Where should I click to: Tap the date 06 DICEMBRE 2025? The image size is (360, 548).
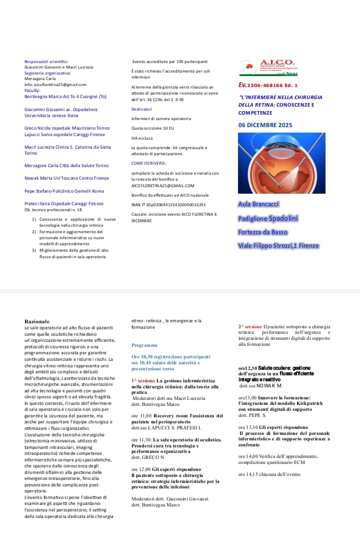click(265, 125)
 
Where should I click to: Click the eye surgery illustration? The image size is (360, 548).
click(281, 163)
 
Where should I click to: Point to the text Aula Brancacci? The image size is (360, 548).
click(258, 204)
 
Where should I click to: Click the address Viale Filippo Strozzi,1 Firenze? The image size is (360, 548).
click(278, 245)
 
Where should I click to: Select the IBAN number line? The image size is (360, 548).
click(168, 204)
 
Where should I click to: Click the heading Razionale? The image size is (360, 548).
click(37, 321)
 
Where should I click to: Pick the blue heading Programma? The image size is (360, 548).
click(144, 345)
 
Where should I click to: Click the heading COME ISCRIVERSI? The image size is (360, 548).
click(148, 163)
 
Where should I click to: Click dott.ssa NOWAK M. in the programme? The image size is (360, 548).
click(261, 386)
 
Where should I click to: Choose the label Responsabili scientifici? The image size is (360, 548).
click(46, 61)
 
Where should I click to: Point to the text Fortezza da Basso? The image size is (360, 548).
click(263, 232)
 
